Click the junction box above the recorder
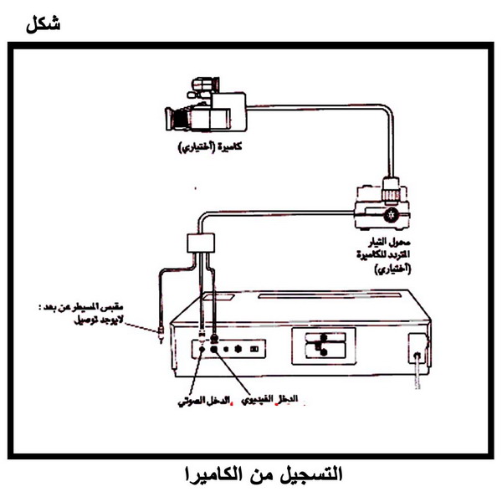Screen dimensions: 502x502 point(200,243)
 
